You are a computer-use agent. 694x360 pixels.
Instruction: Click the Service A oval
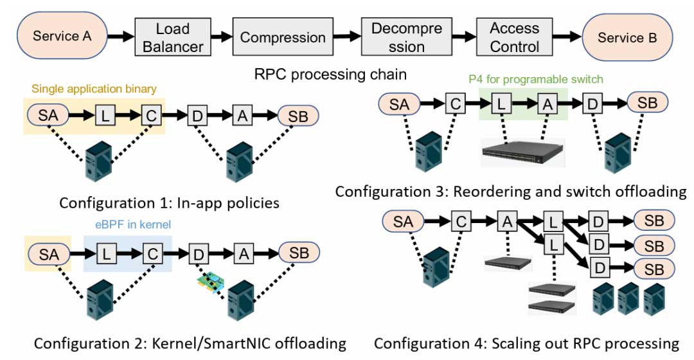[x=62, y=36]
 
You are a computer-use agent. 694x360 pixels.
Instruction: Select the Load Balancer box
[x=173, y=37]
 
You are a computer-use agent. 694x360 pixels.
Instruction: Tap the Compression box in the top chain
[x=283, y=37]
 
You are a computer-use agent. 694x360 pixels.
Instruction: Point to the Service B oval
[x=627, y=37]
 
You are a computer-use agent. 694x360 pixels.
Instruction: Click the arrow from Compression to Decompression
[x=348, y=37]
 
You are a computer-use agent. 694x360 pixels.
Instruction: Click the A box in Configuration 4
[x=506, y=222]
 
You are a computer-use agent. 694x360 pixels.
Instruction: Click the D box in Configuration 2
[x=197, y=253]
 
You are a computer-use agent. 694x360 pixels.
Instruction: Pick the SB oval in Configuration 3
[x=647, y=103]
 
